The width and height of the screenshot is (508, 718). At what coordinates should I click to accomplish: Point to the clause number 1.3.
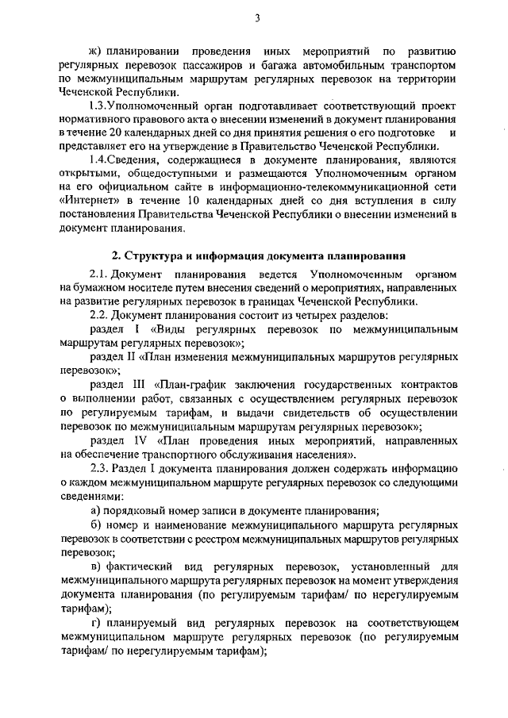102,104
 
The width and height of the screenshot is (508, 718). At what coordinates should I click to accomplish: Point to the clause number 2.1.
101,275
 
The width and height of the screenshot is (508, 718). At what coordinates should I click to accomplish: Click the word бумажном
101,288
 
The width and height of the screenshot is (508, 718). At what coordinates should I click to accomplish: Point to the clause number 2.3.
102,468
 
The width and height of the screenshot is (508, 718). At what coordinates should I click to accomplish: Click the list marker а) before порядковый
95,510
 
